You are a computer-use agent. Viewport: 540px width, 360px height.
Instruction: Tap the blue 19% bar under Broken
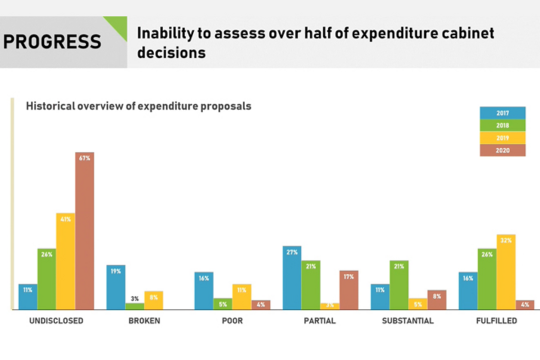(x=116, y=287)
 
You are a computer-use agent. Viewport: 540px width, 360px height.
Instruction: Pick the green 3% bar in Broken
(x=135, y=306)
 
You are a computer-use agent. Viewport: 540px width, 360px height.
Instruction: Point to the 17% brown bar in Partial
(x=349, y=290)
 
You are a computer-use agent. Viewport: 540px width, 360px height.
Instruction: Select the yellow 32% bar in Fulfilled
(x=506, y=272)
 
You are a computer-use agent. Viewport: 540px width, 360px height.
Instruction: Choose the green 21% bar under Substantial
(x=399, y=285)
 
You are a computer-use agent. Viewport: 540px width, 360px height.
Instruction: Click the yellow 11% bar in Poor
(x=242, y=297)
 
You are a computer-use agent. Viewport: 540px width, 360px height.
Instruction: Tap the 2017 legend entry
(x=502, y=113)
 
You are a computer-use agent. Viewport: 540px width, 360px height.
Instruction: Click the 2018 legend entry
(x=502, y=125)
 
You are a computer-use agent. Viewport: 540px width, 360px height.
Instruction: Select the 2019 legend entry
(x=502, y=138)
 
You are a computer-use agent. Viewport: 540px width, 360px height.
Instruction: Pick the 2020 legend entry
(x=502, y=150)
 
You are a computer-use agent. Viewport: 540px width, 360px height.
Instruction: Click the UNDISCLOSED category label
(x=56, y=320)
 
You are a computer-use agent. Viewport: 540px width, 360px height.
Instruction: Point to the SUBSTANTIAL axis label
(x=408, y=320)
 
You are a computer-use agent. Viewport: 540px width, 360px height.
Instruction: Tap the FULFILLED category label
(x=496, y=320)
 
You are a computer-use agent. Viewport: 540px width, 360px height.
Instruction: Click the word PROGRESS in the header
(x=52, y=42)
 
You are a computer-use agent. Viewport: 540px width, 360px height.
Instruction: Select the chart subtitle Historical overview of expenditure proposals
(x=139, y=106)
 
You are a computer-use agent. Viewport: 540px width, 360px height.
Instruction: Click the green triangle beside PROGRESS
(x=119, y=25)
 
